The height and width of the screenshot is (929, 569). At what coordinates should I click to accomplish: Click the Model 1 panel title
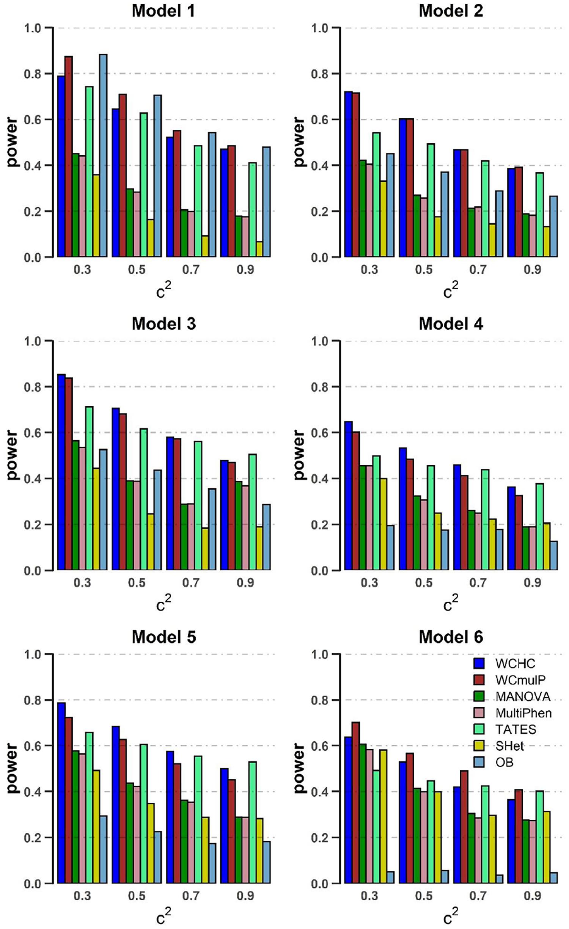(x=163, y=11)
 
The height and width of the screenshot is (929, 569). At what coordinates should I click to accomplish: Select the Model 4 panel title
(x=451, y=324)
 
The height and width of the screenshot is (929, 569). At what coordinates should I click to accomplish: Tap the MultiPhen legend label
(x=523, y=713)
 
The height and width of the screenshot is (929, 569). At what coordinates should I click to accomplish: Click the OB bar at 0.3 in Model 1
(x=103, y=155)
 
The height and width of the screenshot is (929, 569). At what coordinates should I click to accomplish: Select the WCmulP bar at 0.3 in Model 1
(x=69, y=156)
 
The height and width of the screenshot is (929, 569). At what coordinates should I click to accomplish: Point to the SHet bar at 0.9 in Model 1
(x=259, y=249)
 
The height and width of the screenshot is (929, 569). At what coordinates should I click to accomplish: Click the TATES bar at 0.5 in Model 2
(x=431, y=200)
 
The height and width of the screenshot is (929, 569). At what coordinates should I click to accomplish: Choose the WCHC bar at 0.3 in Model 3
(x=61, y=472)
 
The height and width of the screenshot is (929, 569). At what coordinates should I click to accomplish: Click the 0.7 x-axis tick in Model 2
(x=478, y=270)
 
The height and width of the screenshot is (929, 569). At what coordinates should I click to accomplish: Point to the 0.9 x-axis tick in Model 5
(x=245, y=896)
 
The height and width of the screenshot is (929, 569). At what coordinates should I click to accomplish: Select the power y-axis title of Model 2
(x=299, y=142)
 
